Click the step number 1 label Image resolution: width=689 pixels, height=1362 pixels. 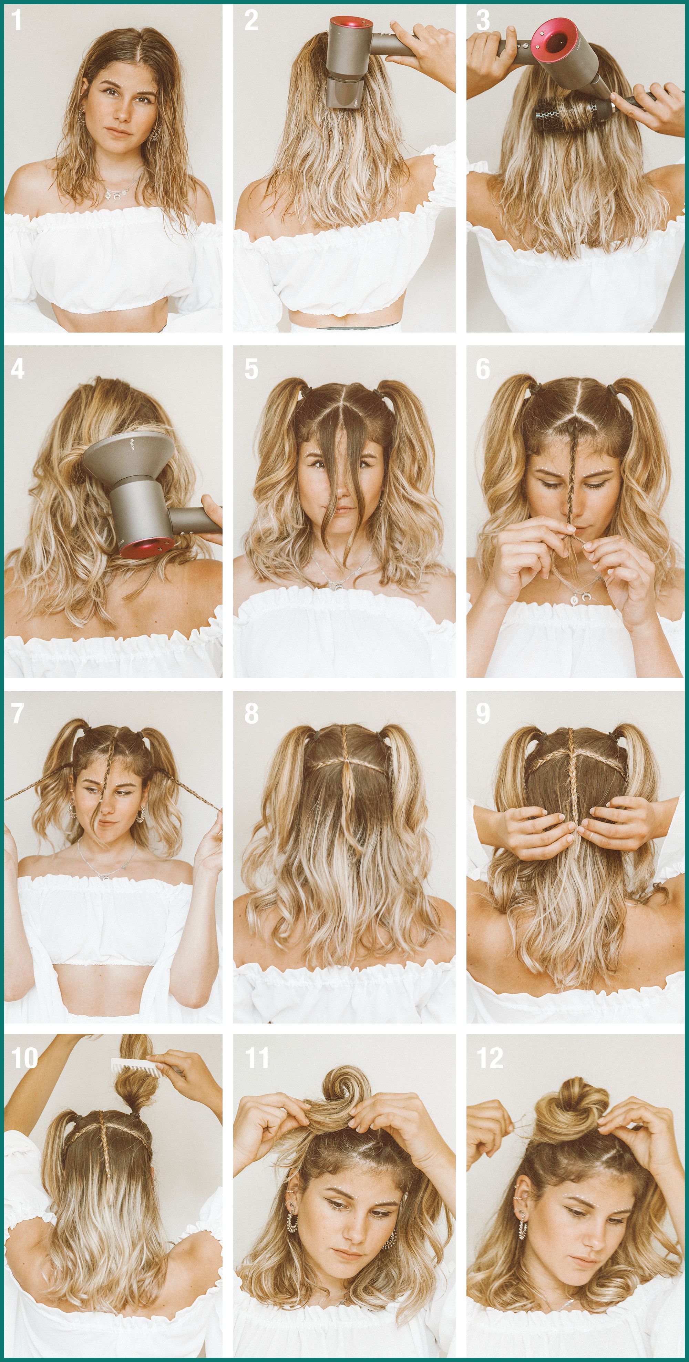point(17,21)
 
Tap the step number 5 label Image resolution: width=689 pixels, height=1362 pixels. point(251,368)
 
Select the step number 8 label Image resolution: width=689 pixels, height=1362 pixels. point(251,713)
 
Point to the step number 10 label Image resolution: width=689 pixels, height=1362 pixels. point(24,1058)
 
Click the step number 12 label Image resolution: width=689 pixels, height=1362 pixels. point(490,1058)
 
